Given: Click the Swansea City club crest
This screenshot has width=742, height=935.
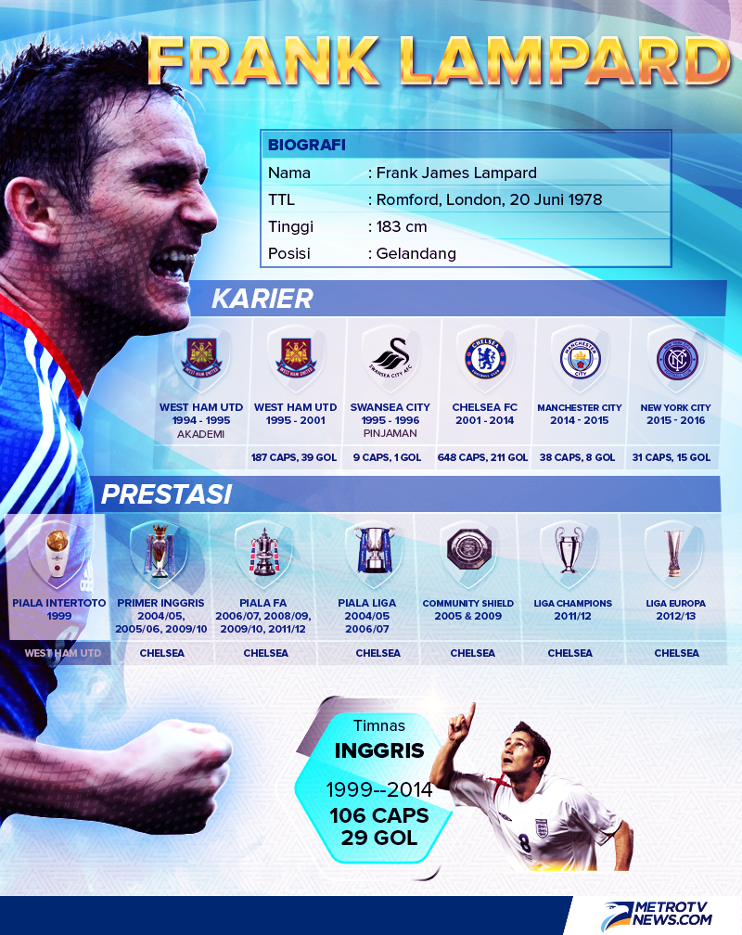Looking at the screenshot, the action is click(390, 358).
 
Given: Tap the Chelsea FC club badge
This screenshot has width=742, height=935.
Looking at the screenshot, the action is click(485, 358).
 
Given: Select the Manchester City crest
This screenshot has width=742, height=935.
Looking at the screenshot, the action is click(580, 359).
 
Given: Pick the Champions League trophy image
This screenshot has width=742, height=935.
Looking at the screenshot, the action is click(569, 549).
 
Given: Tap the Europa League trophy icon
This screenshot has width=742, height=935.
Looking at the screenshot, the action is click(674, 553).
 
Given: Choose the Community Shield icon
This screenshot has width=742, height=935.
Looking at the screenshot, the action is click(468, 549).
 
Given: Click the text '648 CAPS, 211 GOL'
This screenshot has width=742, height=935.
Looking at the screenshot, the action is click(482, 457).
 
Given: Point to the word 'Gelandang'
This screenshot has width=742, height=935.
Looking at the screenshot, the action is click(416, 253).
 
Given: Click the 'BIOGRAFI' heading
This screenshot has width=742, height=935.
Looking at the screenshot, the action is click(307, 145).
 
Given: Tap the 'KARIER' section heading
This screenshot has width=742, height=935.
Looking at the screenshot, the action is click(262, 299).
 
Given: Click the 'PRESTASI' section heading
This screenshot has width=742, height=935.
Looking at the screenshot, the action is click(166, 494).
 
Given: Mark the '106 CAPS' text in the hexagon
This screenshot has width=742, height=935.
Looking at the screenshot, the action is click(379, 815).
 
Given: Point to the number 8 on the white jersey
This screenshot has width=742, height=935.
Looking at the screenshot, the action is click(524, 843).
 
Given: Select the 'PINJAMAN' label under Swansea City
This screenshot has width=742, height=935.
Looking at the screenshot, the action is click(390, 433).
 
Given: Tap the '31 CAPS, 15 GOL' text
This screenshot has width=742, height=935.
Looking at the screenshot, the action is click(671, 457).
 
